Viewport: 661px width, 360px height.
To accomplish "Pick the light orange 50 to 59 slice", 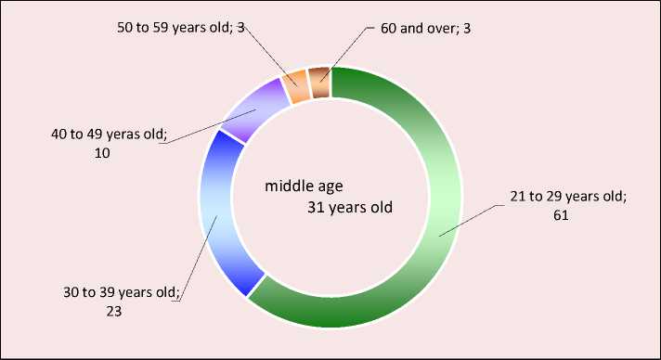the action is [295, 87].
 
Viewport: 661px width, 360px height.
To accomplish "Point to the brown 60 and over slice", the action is [319, 83].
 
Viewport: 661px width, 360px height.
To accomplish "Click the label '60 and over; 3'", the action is [425, 29].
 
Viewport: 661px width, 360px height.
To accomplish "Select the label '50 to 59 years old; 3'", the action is [181, 28].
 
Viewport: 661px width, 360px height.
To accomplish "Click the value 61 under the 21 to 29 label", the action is [561, 215].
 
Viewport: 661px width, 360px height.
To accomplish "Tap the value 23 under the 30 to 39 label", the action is [114, 312].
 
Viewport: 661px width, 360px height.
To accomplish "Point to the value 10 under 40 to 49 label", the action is [102, 153].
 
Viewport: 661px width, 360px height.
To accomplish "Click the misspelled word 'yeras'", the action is [124, 135].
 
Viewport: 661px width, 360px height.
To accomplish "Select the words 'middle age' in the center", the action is [304, 186].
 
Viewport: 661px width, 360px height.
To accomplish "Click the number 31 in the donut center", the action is [316, 208].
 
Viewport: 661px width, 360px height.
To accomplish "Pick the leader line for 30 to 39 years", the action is [198, 259].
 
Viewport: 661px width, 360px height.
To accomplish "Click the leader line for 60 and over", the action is [346, 53].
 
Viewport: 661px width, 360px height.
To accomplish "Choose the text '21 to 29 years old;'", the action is [568, 197].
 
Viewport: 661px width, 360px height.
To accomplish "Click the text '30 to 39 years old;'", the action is [122, 292].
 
